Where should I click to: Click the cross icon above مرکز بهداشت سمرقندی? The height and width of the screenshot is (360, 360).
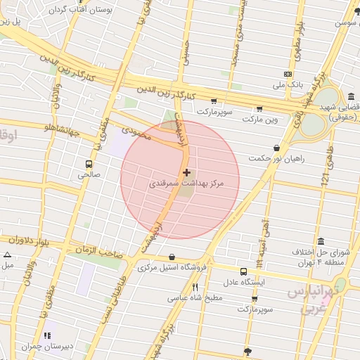point(186,172)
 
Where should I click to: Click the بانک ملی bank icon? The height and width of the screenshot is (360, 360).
point(288,74)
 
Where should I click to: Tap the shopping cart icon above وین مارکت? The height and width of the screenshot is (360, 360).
point(259,109)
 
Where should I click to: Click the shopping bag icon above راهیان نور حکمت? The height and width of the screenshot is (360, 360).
point(277,148)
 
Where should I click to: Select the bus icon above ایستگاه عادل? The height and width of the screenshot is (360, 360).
point(243,271)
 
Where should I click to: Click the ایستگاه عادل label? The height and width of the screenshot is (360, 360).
point(243,282)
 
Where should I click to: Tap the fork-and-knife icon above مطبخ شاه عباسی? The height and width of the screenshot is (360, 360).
point(195,287)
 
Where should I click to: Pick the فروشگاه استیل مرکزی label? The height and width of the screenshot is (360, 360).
point(172,267)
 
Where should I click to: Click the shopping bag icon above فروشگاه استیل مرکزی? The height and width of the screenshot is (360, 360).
point(172,257)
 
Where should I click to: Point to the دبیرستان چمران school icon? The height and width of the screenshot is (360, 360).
point(48,335)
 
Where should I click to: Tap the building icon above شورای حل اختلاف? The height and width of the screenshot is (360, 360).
point(321,241)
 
